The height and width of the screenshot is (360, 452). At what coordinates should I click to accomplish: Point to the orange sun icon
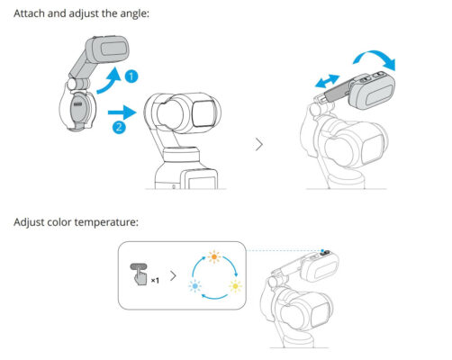coord(215,257)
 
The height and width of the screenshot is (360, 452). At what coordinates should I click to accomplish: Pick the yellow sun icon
coord(237,285)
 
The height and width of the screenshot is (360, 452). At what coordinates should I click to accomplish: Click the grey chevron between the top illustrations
coord(261,144)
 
